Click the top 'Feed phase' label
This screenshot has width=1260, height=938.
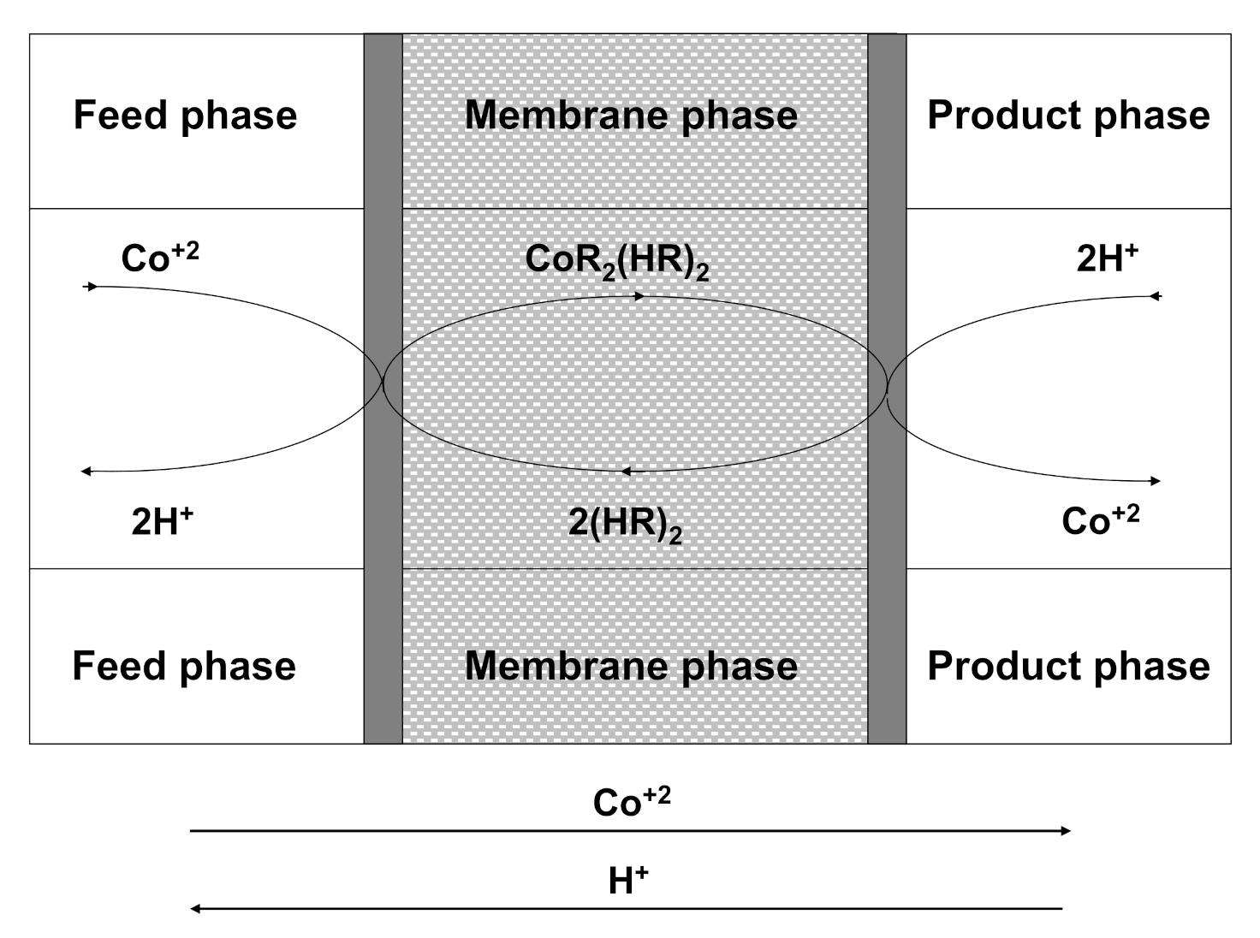(185, 115)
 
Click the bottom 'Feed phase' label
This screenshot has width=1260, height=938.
(184, 666)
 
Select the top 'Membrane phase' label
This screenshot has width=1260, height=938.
(631, 115)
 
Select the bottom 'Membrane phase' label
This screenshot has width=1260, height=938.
(631, 666)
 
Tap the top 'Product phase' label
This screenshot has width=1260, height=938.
(1068, 115)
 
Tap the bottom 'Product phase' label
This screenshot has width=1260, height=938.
(1068, 666)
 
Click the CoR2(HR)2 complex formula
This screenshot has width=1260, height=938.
(616, 260)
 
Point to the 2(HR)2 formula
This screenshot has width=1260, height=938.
(625, 523)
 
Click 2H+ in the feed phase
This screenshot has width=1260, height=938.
(162, 519)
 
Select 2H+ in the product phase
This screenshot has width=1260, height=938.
(1107, 257)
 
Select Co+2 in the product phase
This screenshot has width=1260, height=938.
(1100, 519)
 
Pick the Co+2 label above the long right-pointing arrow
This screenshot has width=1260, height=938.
(631, 801)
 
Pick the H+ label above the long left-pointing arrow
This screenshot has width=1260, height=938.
(628, 880)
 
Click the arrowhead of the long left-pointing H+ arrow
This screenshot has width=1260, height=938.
(195, 908)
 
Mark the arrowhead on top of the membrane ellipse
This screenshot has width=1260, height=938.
(639, 296)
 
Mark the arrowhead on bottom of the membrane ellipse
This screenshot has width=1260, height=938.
(626, 471)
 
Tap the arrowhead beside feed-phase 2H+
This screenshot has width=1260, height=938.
(86, 472)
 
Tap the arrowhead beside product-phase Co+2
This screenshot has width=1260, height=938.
(1156, 481)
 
